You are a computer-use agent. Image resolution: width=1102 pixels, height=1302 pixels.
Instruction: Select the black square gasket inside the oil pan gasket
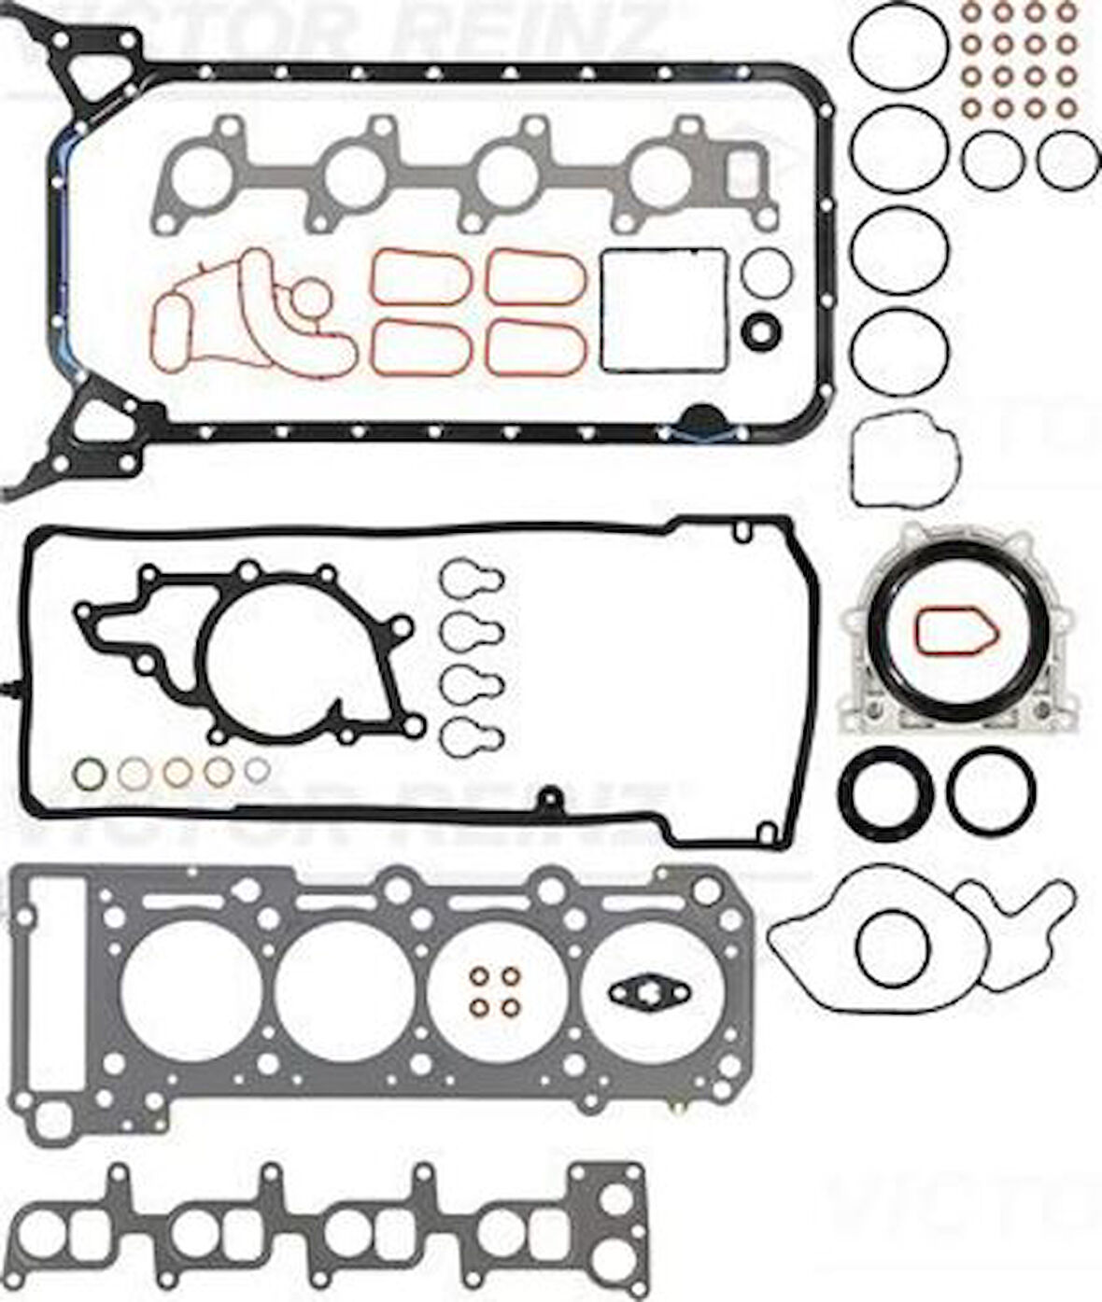click(x=663, y=309)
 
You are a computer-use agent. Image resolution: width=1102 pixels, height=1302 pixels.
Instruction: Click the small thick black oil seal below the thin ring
click(x=759, y=330)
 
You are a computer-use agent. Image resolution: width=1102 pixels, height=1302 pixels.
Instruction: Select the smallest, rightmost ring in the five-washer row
click(x=257, y=769)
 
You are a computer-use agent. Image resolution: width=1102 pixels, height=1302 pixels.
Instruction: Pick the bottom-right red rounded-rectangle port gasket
click(x=536, y=347)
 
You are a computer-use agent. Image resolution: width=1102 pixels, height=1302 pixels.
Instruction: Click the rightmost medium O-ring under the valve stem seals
click(x=1067, y=159)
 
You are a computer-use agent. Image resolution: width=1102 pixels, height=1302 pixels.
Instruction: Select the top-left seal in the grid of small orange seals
click(x=972, y=13)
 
